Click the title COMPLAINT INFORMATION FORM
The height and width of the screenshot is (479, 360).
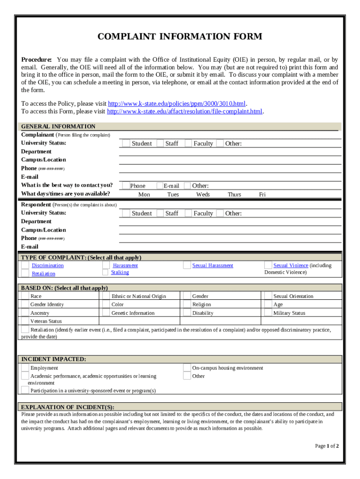click(180, 36)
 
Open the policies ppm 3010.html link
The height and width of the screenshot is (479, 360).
click(177, 103)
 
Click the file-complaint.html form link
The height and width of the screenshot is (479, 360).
click(185, 111)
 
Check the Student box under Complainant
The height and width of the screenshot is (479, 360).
click(125, 143)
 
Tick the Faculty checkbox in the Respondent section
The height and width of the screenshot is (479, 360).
click(188, 213)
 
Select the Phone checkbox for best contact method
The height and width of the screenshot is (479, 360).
click(125, 186)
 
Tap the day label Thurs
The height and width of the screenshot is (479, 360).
click(234, 194)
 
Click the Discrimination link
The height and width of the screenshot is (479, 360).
click(48, 266)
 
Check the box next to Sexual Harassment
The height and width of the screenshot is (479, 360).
click(187, 265)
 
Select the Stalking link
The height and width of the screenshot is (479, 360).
click(120, 272)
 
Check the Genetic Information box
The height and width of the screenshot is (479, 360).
click(106, 313)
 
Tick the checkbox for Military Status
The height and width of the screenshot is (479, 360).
click(268, 313)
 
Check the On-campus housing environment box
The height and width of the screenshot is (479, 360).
click(187, 368)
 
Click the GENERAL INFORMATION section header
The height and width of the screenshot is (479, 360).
click(58, 126)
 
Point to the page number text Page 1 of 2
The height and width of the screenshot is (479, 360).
click(327, 446)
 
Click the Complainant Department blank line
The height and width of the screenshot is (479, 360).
click(229, 152)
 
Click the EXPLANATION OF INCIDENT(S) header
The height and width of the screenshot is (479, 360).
click(68, 407)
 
